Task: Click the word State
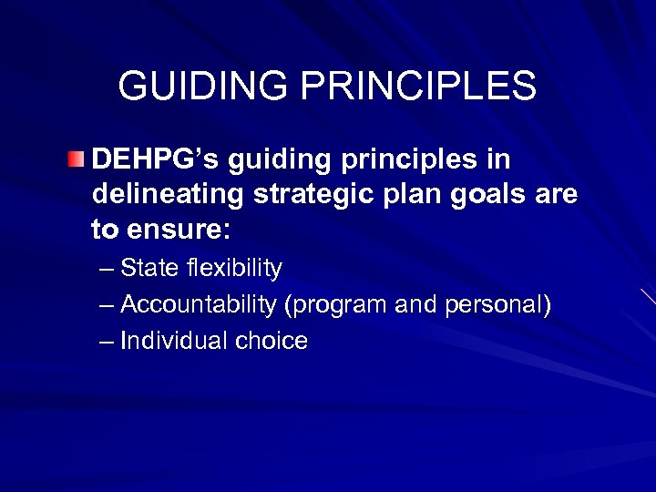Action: (x=149, y=269)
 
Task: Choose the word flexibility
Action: (x=233, y=269)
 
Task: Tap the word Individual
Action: (x=174, y=341)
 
